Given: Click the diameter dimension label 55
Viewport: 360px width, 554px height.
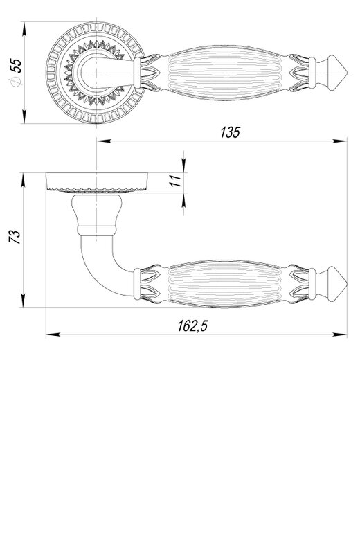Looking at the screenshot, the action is pyautogui.click(x=16, y=66).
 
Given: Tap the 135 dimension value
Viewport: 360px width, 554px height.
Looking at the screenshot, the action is pyautogui.click(x=230, y=132).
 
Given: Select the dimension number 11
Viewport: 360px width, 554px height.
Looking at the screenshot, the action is pyautogui.click(x=176, y=181).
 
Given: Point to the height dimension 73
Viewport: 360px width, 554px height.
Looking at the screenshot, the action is pyautogui.click(x=15, y=237).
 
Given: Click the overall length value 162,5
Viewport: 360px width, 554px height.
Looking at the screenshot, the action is pyautogui.click(x=192, y=325).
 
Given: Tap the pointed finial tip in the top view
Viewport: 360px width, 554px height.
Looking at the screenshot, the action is pyautogui.click(x=346, y=73).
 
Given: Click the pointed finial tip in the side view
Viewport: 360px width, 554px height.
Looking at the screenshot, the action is pyautogui.click(x=346, y=284).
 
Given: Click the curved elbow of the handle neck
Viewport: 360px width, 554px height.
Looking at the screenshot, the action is pyautogui.click(x=93, y=272).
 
